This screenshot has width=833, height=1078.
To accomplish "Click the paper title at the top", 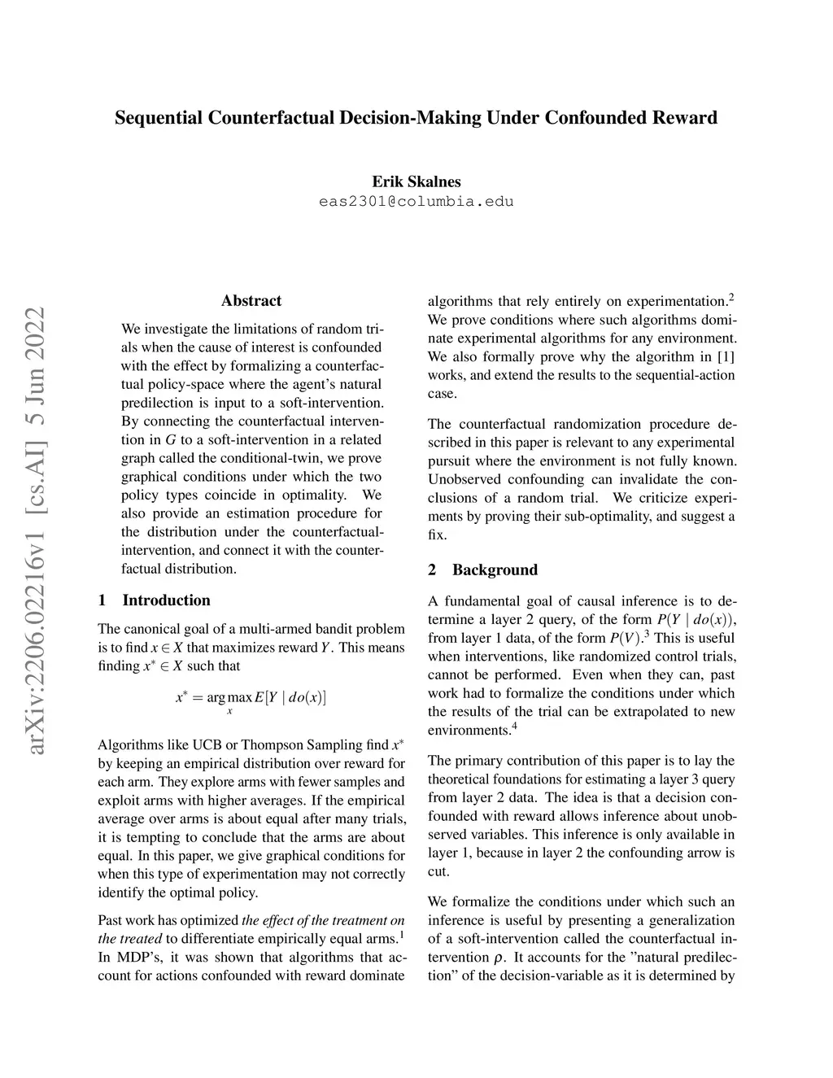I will pyautogui.click(x=416, y=118).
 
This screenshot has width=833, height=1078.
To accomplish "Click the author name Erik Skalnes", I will pyautogui.click(x=416, y=181).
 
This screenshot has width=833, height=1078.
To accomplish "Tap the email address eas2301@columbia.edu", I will pyautogui.click(x=416, y=201).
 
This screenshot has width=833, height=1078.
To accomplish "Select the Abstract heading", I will pyautogui.click(x=251, y=301).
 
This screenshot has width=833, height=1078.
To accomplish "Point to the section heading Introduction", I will pyautogui.click(x=166, y=600).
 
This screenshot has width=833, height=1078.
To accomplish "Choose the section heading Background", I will pyautogui.click(x=495, y=570).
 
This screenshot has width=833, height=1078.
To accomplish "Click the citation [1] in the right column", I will pyautogui.click(x=726, y=356).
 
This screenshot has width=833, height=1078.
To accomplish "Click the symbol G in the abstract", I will pyautogui.click(x=170, y=440).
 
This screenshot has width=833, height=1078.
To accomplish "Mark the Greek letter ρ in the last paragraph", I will pyautogui.click(x=498, y=958).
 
